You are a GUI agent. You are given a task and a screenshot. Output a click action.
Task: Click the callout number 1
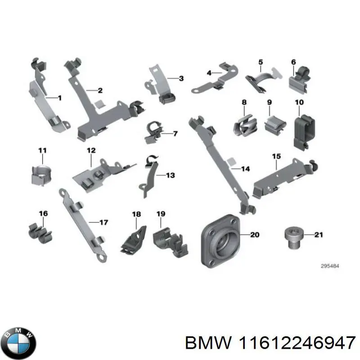click(x=59, y=98)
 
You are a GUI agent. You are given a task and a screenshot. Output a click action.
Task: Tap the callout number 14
click(x=245, y=169)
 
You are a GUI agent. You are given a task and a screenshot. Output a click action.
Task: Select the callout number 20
click(x=255, y=234)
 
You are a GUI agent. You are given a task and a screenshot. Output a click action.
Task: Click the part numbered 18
click(x=135, y=238)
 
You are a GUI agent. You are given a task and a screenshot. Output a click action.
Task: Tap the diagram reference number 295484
click(x=330, y=266)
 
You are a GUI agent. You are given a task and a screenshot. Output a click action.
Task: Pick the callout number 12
click(x=91, y=150)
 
